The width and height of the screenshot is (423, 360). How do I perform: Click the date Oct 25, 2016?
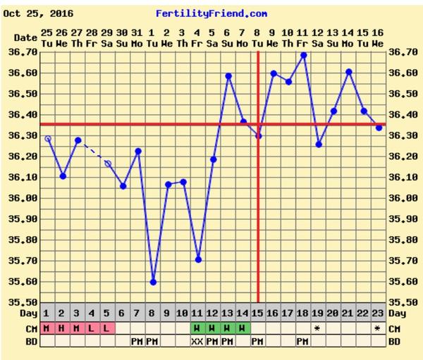[x=43, y=13]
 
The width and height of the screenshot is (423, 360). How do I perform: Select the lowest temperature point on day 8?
[x=154, y=282]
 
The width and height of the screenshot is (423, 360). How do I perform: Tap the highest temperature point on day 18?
[x=304, y=55]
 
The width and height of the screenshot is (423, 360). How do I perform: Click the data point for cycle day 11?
[x=199, y=259]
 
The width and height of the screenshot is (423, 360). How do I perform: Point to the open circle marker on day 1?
[x=48, y=139]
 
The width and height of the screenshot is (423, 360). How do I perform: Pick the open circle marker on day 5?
[x=108, y=163]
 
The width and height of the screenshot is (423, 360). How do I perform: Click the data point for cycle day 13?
[x=229, y=76]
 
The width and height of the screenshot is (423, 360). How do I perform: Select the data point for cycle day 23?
[x=379, y=128]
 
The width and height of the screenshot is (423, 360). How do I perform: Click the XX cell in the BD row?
[x=198, y=342]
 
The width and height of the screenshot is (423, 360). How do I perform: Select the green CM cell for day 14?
[x=243, y=328]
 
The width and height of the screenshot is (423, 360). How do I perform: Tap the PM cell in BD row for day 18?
[x=304, y=342]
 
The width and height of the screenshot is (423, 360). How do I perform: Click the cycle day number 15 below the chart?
[x=258, y=313]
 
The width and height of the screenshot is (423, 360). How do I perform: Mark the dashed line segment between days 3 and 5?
[x=92, y=151]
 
